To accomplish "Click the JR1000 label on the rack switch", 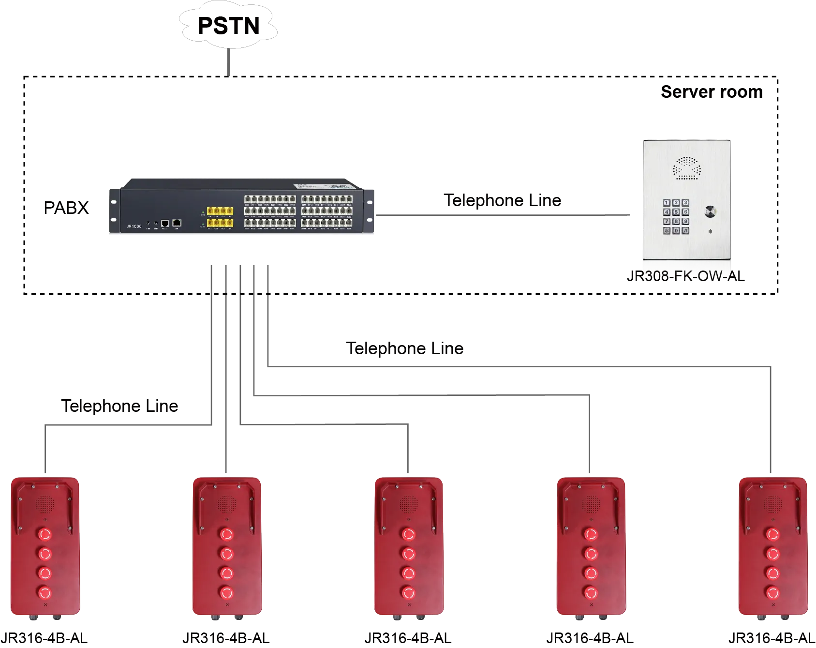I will [131, 226].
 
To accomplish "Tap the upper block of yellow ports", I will [220, 211].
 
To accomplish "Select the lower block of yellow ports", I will [220, 223].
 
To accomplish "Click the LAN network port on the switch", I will [177, 223].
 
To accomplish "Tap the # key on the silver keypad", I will [685, 231].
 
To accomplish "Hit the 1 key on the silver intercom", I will [667, 203].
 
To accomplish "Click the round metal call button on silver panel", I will [710, 211].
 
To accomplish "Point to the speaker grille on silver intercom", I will [687, 168].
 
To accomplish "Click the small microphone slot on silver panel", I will [710, 231].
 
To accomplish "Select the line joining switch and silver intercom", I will [503, 214].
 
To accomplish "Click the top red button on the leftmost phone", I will [45, 534].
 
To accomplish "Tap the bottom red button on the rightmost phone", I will [772, 592].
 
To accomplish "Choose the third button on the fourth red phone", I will [591, 573].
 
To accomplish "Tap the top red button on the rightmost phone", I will [772, 534].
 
